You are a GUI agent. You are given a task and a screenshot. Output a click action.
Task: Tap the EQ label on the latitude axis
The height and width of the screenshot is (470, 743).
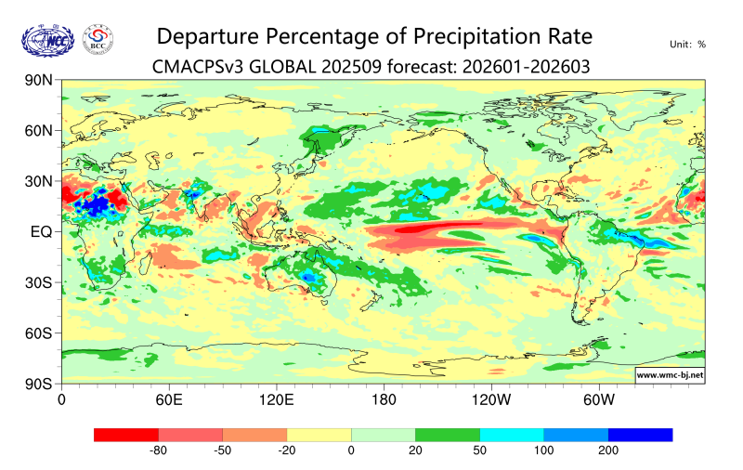point(41,231)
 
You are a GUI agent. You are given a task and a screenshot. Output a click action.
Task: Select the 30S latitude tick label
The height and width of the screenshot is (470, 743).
point(38,282)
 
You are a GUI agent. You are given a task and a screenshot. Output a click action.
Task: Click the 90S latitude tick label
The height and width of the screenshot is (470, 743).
point(38,383)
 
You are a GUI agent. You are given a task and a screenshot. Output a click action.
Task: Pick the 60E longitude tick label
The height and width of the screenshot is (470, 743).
point(168,400)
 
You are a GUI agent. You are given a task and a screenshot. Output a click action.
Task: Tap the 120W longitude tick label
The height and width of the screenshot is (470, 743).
point(490,400)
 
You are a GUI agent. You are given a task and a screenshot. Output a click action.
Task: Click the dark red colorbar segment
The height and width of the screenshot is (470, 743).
point(126,434)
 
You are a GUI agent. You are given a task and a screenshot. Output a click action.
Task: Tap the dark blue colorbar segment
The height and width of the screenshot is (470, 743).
point(640,434)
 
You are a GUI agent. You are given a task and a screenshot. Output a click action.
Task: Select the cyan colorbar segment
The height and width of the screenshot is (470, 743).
point(512,434)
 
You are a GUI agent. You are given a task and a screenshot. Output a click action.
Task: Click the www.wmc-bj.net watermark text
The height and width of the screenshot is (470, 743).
point(669,375)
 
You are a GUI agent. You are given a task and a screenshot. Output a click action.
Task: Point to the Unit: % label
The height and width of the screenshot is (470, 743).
point(687,44)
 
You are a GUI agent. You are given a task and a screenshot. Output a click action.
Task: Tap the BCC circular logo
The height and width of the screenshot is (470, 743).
point(98,39)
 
